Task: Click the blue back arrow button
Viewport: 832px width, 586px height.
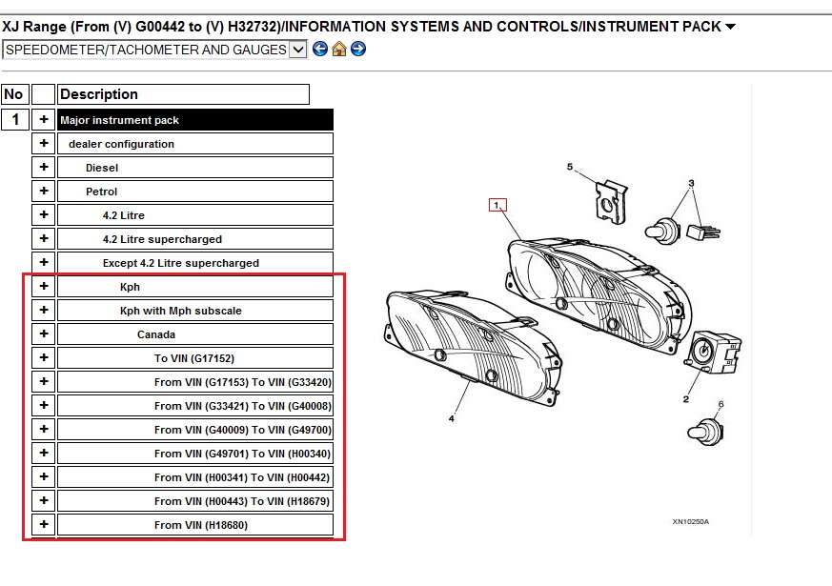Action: click(x=320, y=49)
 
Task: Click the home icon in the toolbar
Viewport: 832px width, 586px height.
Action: click(x=339, y=49)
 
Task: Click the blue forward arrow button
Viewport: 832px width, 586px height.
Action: click(x=358, y=49)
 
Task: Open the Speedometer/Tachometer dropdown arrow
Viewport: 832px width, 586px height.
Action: click(x=298, y=50)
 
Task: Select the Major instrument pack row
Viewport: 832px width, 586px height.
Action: click(x=195, y=120)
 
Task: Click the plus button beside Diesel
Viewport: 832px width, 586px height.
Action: click(x=44, y=167)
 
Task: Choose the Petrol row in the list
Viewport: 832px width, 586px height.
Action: click(x=195, y=191)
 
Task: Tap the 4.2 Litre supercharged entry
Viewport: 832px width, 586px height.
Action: click(x=195, y=238)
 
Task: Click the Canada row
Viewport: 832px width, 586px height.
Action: click(x=195, y=334)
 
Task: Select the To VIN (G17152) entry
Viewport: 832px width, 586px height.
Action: click(x=195, y=358)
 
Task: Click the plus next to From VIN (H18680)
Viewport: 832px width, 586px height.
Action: click(x=44, y=524)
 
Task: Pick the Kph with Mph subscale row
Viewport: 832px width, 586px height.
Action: click(x=195, y=311)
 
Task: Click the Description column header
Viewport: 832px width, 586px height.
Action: click(x=183, y=94)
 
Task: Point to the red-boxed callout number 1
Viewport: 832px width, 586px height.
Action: click(x=497, y=205)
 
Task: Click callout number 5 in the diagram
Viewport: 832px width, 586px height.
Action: click(x=570, y=167)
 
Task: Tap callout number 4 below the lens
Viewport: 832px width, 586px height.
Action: click(x=452, y=418)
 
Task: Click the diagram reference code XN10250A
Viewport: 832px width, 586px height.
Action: click(x=690, y=521)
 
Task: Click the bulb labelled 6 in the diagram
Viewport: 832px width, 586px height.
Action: click(x=706, y=433)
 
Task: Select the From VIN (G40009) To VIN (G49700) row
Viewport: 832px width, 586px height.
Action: click(x=195, y=430)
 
